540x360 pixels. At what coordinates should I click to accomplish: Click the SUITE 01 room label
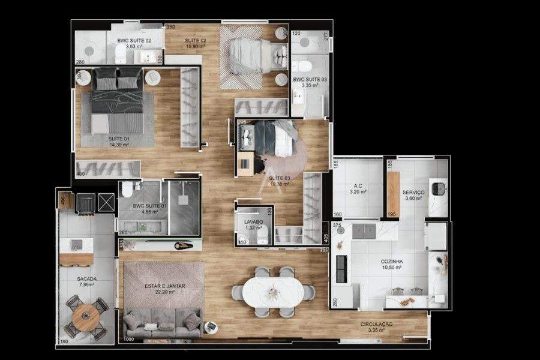click(119, 139)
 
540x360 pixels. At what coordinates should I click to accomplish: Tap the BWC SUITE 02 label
click(134, 40)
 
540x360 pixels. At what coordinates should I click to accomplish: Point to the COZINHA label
click(391, 262)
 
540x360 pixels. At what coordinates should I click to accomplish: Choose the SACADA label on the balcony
click(87, 279)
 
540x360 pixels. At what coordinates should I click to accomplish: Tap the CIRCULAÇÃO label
click(376, 324)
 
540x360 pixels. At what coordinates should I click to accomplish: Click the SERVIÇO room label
click(415, 192)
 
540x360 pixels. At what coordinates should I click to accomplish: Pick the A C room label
click(358, 186)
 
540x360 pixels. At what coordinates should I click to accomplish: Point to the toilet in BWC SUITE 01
click(127, 190)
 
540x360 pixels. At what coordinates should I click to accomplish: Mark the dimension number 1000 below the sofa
click(128, 340)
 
